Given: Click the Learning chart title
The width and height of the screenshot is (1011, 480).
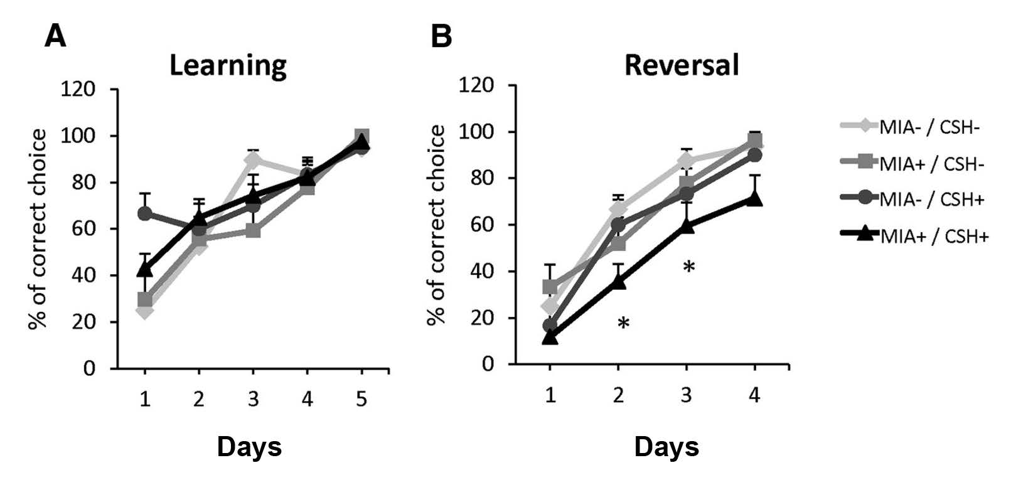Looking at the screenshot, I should pos(228,65).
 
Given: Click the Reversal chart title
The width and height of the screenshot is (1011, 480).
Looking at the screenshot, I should pos(682,65).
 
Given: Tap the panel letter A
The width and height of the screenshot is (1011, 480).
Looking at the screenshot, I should pos(55,37).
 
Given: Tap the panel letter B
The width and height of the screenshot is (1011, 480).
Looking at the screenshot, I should pos(441,37).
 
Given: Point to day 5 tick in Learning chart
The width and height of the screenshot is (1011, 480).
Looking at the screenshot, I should pos(361,399).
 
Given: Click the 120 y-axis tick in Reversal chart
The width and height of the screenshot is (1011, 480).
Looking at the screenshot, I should pos(478,85).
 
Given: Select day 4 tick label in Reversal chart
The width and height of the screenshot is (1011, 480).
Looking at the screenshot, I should pos(754,395).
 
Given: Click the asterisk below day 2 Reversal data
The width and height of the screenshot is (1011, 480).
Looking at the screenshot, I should pos(623,324).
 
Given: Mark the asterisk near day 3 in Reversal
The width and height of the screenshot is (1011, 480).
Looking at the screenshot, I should pos(688,267).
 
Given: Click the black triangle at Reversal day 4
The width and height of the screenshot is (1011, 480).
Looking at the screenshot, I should pos(754,198).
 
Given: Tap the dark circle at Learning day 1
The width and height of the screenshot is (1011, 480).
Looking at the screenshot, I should pos(145,214).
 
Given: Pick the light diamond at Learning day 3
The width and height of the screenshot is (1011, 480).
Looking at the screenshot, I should pos(253,160).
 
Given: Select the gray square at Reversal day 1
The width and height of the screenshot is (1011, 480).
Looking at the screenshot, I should pos(550,287).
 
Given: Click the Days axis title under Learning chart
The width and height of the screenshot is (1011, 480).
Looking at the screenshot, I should pos(249,447).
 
